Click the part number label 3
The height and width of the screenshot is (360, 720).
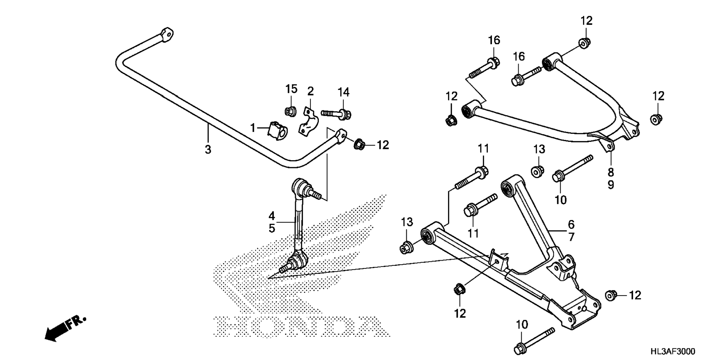tap(208, 149)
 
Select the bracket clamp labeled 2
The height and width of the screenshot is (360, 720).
tap(308, 121)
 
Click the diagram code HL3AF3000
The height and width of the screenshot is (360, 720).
tap(672, 351)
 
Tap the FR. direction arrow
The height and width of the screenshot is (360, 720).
tap(64, 329)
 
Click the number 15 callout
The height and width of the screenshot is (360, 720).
tap(291, 89)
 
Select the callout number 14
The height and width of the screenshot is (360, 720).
tap(343, 91)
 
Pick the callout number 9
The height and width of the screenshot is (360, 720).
tap(611, 185)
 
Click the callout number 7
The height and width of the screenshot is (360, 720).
tap(571, 237)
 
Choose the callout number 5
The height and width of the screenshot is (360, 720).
tap(272, 228)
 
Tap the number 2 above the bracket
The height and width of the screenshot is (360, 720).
tap(310, 91)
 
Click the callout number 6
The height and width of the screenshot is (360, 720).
tap(571, 225)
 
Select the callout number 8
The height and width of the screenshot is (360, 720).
tap(611, 172)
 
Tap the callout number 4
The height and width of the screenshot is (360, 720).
tap(272, 216)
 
